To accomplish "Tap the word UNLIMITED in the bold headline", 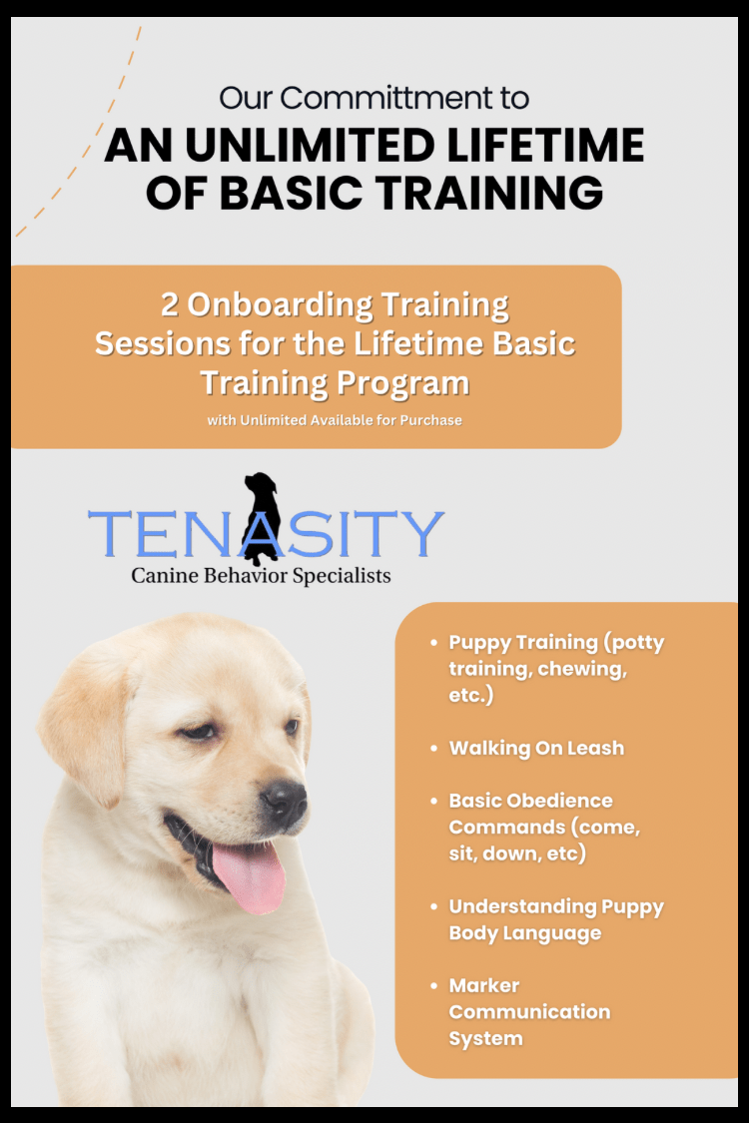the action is pos(310,145).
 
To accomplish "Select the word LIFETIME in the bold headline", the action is pos(545,145).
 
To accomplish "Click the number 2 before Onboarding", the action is pos(169,304).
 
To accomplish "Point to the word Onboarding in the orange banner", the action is pos(280,305).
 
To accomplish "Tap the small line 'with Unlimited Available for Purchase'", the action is pos(335,420).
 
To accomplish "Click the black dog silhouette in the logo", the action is pos(261,517).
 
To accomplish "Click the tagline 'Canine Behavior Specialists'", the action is pos(261,576).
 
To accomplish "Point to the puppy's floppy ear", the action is pos(86,724).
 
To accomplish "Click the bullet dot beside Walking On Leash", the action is pos(433,749).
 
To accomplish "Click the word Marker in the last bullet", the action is pos(484,986).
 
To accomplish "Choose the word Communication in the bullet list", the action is pos(529,1012).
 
